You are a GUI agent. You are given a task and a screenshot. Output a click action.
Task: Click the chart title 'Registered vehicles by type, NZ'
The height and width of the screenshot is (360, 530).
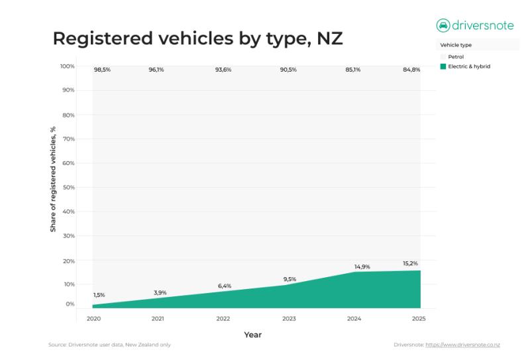pos(197,38)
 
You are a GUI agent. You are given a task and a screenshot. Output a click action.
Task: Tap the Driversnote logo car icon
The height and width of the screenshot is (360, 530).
pos(443,25)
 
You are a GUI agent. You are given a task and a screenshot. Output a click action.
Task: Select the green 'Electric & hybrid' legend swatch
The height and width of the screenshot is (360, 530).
pos(443,66)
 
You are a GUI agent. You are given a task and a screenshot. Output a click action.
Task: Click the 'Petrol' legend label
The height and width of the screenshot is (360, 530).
pos(456,57)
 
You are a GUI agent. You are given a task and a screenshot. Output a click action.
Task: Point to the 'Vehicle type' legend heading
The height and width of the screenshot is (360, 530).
pos(455,45)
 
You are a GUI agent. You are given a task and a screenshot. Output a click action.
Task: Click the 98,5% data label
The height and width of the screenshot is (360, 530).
pos(101,69)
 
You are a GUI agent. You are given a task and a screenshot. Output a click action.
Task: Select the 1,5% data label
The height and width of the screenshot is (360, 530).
pos(99,295)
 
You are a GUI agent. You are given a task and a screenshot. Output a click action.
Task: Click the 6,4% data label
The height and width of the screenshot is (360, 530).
pos(224,286)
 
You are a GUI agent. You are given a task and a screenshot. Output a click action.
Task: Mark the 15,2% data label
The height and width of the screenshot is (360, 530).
pos(410,263)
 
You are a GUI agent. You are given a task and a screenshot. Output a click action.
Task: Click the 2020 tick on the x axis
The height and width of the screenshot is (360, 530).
pos(93,319)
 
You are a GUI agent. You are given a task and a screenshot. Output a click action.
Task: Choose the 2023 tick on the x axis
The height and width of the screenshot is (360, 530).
pos(288,319)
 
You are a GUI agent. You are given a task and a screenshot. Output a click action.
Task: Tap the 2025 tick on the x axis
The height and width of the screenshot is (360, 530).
pos(419,319)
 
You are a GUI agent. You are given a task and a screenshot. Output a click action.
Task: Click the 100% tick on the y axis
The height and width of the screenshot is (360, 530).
pos(67,66)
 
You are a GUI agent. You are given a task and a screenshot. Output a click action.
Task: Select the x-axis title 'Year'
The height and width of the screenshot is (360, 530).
pos(252,335)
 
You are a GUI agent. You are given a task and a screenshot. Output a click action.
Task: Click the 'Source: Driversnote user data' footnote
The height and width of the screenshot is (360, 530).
pos(109,345)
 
